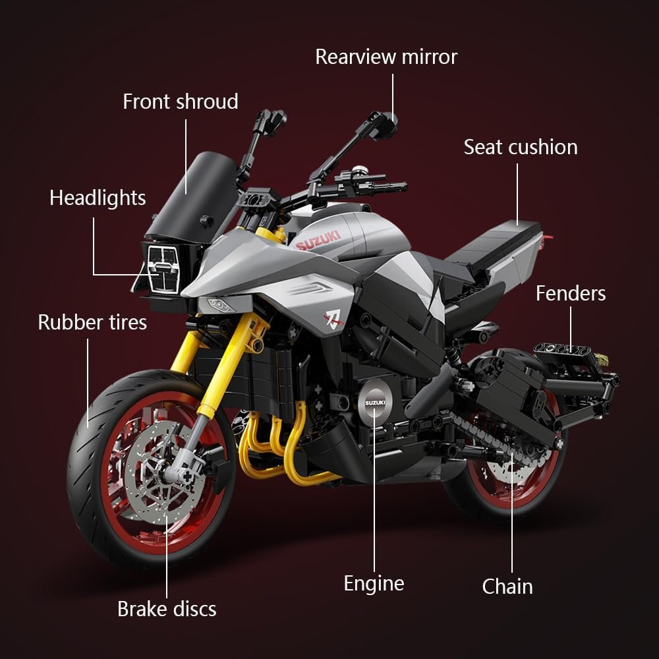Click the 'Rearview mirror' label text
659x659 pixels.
(x=386, y=57)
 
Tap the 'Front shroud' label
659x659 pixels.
(x=180, y=101)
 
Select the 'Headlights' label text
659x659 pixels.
(x=98, y=198)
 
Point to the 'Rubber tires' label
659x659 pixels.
(x=92, y=322)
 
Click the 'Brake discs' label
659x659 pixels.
(x=166, y=609)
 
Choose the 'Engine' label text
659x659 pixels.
(x=374, y=583)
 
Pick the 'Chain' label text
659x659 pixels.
(x=507, y=586)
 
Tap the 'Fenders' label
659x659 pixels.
(x=570, y=293)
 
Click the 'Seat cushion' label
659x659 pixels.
(x=520, y=147)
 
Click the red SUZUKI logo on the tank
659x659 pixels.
(x=318, y=241)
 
